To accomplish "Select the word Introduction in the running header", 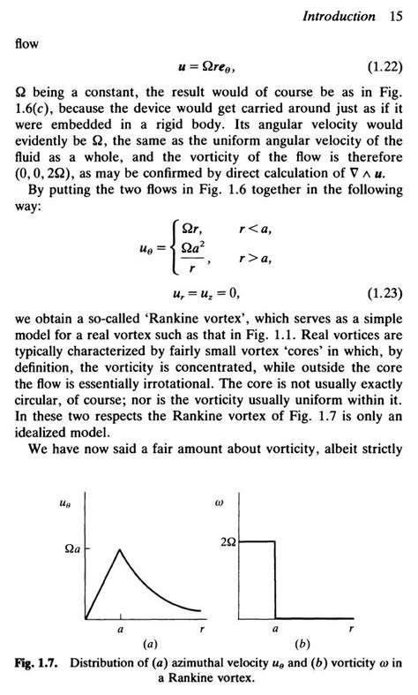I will pyautogui.click(x=340, y=15).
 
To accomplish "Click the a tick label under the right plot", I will pyautogui.click(x=275, y=631).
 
